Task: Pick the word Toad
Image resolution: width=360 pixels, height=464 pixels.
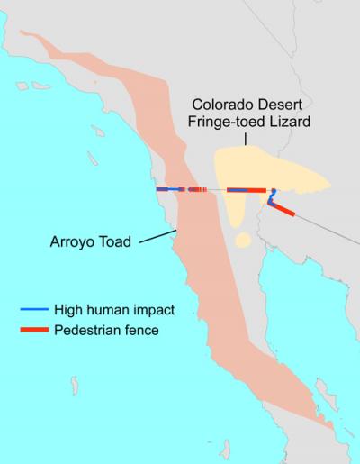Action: pyautogui.click(x=116, y=241)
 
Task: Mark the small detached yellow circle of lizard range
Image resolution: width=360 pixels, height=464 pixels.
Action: pyautogui.click(x=241, y=241)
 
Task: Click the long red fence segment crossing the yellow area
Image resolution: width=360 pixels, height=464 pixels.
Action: pyautogui.click(x=247, y=191)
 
